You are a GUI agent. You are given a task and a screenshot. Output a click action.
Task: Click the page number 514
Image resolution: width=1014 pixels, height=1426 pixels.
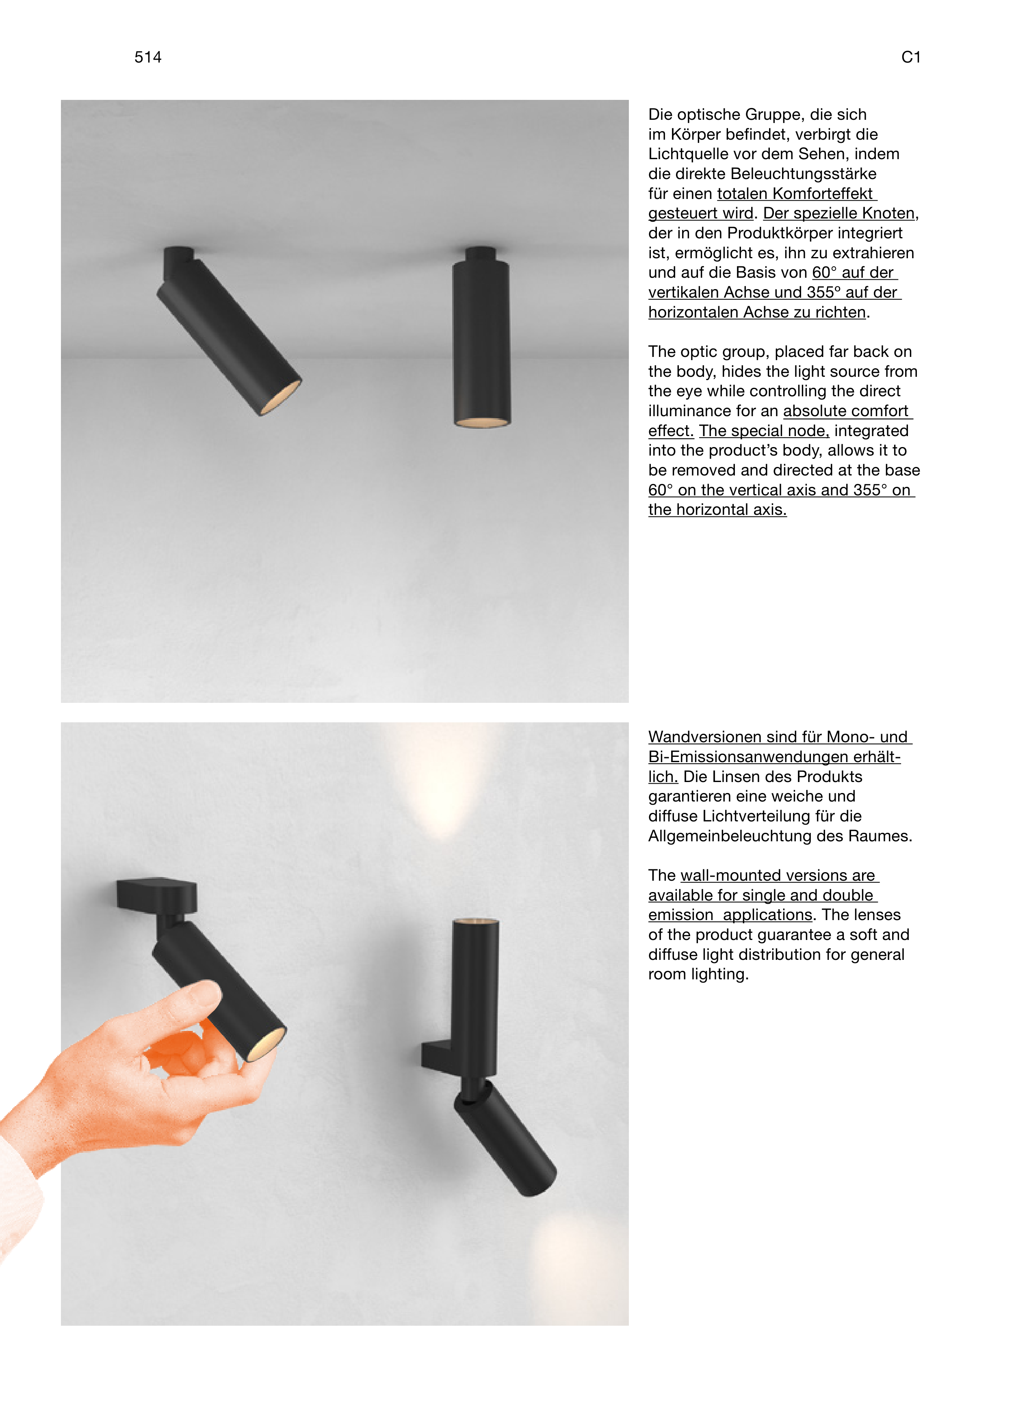pos(148,57)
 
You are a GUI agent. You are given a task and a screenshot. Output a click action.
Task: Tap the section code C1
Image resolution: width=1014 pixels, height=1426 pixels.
pos(911,57)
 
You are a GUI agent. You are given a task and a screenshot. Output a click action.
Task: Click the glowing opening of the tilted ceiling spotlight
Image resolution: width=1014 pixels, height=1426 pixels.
pos(280,397)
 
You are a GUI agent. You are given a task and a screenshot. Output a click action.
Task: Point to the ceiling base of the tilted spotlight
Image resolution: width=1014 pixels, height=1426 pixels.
pos(179,263)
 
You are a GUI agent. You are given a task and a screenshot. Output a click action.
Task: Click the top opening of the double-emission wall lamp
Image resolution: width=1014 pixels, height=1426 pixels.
pos(475,921)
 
